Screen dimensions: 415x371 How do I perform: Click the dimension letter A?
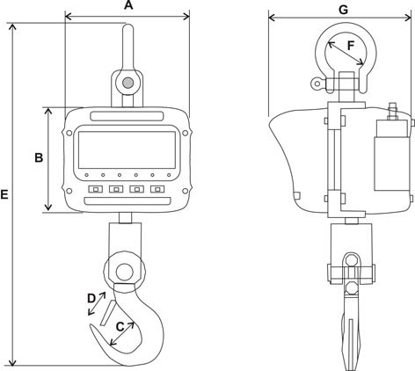[128, 5]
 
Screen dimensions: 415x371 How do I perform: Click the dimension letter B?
[39, 157]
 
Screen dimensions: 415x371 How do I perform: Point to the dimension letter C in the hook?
[120, 327]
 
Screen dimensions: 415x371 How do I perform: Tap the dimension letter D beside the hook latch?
[91, 299]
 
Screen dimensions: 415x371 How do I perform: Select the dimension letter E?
[4, 194]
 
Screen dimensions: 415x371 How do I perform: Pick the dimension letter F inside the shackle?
[351, 46]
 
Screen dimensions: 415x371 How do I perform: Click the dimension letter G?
[343, 10]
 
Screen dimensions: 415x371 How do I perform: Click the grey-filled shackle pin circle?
[127, 83]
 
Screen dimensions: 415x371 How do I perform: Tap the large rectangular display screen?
[127, 149]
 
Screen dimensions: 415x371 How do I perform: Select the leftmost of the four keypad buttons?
[96, 189]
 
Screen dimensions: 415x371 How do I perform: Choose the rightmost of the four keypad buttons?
[157, 189]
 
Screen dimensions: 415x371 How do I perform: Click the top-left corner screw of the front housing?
[69, 133]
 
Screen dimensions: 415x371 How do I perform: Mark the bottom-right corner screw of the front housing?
[185, 191]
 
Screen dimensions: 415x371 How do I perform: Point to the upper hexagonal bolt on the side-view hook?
[351, 260]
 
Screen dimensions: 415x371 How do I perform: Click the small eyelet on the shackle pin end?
[317, 84]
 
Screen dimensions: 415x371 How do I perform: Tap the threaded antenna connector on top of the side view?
[392, 111]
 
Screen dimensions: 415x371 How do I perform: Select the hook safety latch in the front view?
[107, 313]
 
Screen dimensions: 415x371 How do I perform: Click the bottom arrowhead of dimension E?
[12, 362]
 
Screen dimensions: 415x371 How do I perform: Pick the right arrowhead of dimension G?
[408, 18]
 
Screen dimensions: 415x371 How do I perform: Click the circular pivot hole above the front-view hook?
[125, 272]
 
